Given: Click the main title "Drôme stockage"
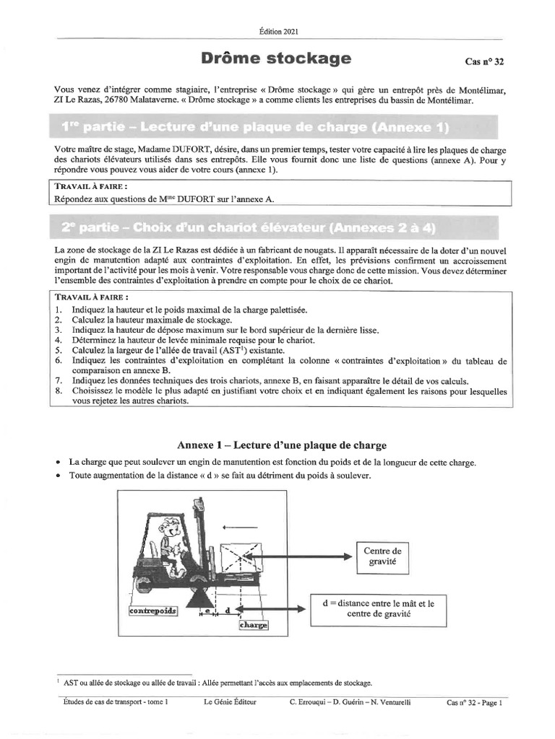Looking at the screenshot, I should point(277,58).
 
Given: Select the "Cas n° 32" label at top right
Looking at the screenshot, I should point(484,62).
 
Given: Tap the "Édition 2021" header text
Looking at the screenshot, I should point(277,31).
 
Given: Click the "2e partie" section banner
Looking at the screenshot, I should point(249,227).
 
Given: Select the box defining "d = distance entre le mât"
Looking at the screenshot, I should point(379,608).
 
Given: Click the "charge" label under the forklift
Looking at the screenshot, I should point(254,625).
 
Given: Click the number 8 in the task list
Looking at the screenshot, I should point(58,390).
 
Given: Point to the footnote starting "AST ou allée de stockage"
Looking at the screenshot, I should point(217,682).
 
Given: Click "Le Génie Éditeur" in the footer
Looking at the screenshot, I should point(229,701).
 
